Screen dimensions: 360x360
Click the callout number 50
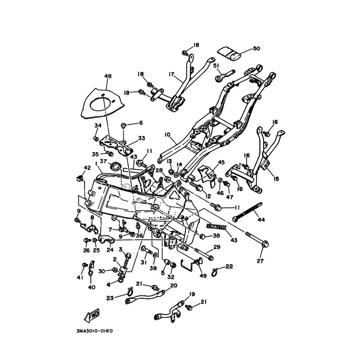coord(256,48)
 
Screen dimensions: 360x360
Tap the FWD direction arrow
coord(92,315)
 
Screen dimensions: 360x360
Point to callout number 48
coord(108,76)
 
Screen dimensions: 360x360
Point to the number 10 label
coord(167,134)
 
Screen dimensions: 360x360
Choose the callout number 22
coord(229,267)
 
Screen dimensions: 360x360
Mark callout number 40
coord(92,287)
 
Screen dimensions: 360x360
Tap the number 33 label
coord(142,138)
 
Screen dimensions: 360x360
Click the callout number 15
coord(276,179)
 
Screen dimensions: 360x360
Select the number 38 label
coord(216,235)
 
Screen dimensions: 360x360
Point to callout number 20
coord(174,285)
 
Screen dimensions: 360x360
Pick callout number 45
coord(221,162)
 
